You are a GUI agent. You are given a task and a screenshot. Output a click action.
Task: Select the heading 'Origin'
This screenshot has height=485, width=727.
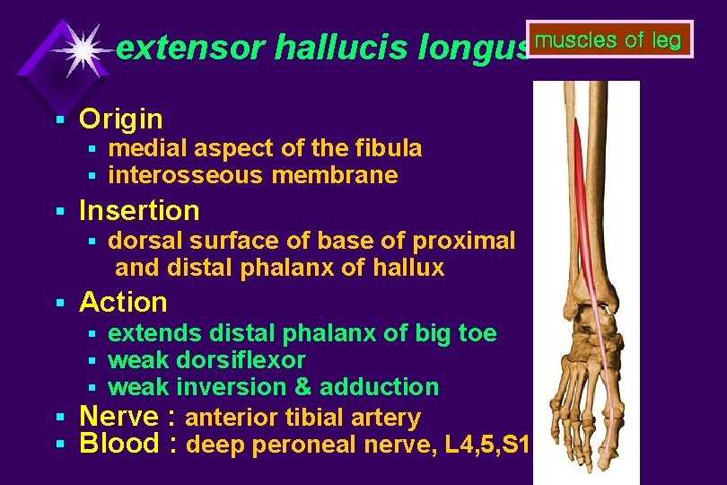[x=121, y=119]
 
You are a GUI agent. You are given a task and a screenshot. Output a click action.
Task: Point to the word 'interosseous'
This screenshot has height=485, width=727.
[x=186, y=175]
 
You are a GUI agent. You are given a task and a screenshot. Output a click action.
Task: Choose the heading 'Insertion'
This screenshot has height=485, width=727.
[x=139, y=210]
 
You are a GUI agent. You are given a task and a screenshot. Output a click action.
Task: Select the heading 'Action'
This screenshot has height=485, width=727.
[x=123, y=302]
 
